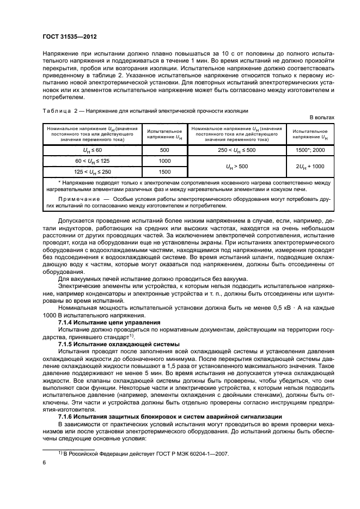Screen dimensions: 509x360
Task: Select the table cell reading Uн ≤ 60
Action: pyautogui.click(x=88, y=149)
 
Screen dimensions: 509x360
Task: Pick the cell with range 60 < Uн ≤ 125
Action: pyautogui.click(x=88, y=161)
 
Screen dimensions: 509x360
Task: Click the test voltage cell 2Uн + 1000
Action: pyautogui.click(x=310, y=167)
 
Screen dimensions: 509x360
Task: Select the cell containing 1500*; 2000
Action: pyautogui.click(x=310, y=149)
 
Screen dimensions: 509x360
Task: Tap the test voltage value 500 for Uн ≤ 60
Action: pyautogui.click(x=164, y=149)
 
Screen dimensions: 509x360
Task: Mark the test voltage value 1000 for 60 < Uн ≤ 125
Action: pyautogui.click(x=164, y=161)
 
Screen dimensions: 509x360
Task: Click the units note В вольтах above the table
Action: pyautogui.click(x=322, y=117)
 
